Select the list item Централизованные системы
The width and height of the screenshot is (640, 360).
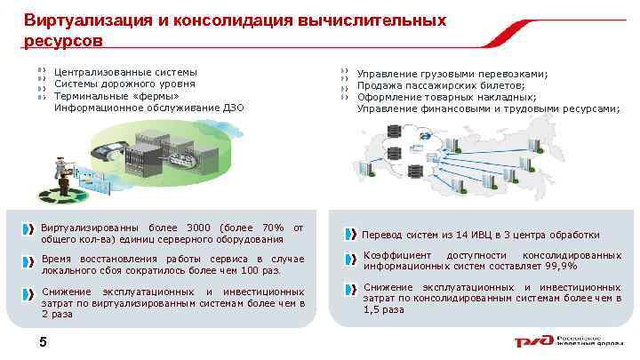click(125, 71)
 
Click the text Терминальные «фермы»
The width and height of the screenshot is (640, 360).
click(116, 95)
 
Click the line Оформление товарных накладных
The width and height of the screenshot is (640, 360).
click(446, 97)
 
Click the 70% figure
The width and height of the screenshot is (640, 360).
click(272, 228)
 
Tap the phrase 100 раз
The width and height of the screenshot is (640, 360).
click(259, 270)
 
